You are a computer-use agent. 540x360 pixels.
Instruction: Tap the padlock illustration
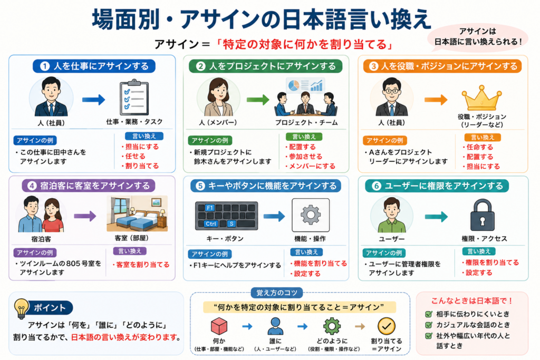coord(482,215)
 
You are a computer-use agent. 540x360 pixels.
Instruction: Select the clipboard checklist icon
coord(134,98)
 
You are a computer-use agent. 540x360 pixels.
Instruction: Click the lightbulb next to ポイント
coord(21,308)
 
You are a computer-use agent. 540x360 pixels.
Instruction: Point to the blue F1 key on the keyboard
coord(210,208)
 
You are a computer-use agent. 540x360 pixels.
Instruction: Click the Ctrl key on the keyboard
coord(211,223)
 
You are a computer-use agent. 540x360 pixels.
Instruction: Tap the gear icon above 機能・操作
coord(311,215)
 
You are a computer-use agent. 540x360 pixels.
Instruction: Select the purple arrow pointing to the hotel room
coord(85,217)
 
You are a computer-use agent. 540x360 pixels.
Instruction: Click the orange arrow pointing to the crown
coord(436,100)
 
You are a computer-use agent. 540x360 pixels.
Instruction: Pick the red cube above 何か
coord(219,326)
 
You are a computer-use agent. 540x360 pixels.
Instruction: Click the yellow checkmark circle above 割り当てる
coord(387,326)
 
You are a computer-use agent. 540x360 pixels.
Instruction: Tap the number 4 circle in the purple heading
coord(32,186)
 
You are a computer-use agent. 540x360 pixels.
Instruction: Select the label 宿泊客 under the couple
coord(41,239)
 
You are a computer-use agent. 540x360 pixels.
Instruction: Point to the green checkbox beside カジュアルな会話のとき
coord(428,325)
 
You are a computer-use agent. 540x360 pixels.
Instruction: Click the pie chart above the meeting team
coord(293,85)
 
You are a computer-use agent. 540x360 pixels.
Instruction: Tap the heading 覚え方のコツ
coord(276,293)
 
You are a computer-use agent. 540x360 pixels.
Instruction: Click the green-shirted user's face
coord(392,209)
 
